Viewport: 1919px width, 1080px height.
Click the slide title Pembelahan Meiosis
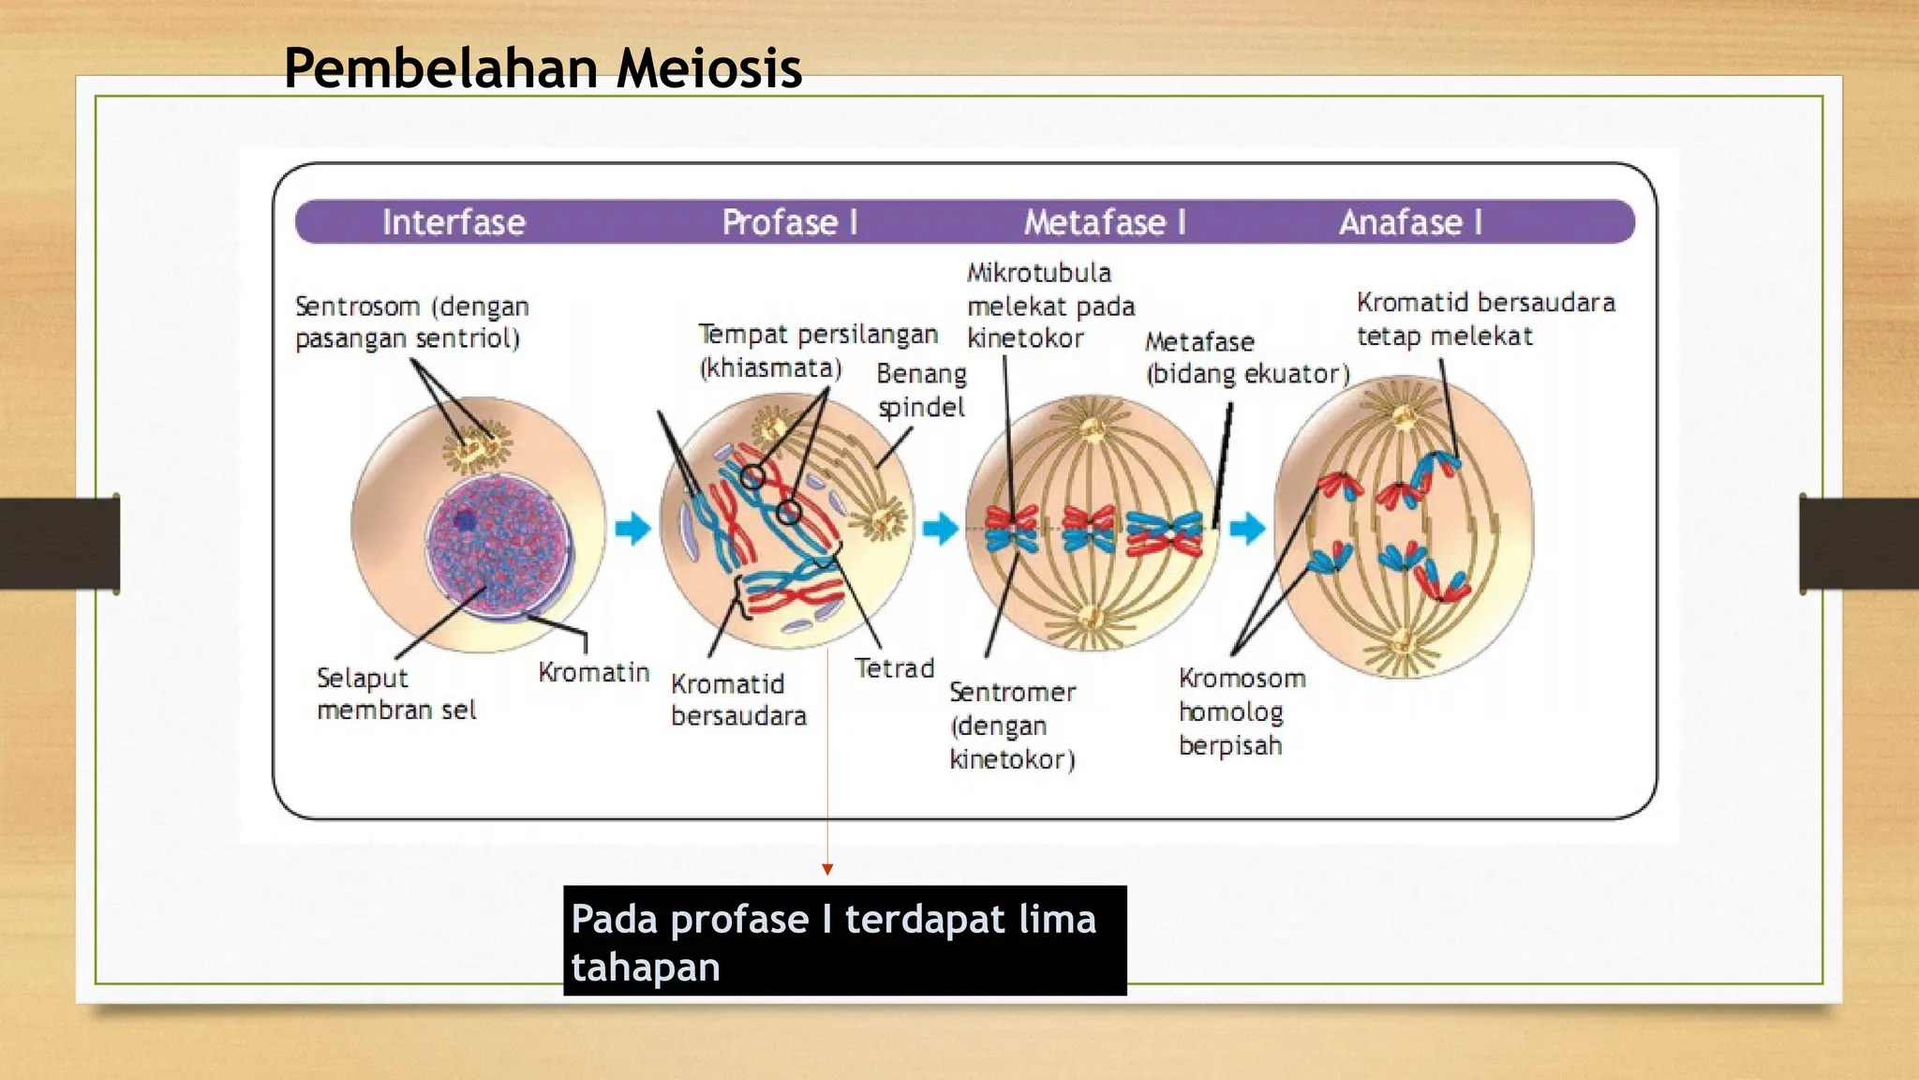pos(543,68)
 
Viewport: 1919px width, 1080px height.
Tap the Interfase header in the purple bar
pos(454,222)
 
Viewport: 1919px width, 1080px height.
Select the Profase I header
pos(789,222)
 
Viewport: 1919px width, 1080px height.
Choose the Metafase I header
pos(1104,222)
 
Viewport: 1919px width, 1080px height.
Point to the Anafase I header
pos(1410,222)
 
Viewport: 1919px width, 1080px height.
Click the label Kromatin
pos(593,672)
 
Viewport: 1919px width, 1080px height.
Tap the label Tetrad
pos(894,668)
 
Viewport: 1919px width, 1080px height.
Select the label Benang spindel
pos(921,390)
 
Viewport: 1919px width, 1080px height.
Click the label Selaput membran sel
pos(396,694)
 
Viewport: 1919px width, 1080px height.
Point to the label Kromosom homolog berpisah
pos(1241,712)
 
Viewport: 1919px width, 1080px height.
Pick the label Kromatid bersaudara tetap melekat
pos(1485,319)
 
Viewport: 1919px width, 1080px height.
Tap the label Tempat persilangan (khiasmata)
pos(817,351)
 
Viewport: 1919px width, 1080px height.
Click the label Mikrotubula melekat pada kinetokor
pos(1049,306)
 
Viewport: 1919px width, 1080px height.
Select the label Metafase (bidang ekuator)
pos(1246,358)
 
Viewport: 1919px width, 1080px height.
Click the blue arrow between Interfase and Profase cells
pos(633,528)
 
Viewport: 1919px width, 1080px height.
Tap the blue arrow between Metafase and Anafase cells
pos(1247,528)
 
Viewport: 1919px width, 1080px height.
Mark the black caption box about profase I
pos(844,940)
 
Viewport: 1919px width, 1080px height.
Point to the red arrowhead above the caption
pos(827,870)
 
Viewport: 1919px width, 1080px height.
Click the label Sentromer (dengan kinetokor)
pos(1012,726)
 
